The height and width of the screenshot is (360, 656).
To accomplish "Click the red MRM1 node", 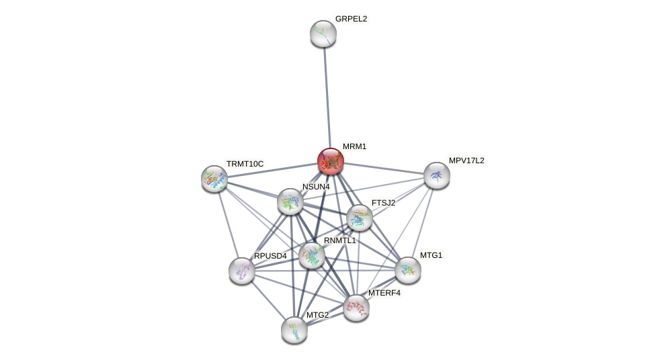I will (330, 161).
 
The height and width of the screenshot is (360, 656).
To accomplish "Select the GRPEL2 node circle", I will (323, 34).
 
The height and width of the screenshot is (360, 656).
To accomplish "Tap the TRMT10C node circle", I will (214, 179).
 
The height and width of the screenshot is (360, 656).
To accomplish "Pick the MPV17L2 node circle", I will (436, 175).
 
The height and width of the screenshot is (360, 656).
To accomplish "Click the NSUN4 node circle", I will (290, 201).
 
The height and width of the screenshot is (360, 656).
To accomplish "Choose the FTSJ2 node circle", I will (360, 218).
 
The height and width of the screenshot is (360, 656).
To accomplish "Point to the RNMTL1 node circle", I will (312, 255).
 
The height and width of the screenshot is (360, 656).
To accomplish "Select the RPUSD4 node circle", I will (242, 271).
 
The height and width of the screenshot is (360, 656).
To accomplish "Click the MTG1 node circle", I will (408, 270).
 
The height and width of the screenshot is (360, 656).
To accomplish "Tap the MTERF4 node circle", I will (356, 308).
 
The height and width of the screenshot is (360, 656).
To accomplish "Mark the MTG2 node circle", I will (294, 330).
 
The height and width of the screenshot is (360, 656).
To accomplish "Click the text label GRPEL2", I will (351, 19).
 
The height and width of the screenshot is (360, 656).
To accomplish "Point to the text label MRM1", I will (354, 146).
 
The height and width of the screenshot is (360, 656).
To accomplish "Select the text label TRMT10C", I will (245, 164).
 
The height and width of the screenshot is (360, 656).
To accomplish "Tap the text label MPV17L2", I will (466, 161).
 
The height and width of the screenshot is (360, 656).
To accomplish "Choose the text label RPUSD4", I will (270, 256).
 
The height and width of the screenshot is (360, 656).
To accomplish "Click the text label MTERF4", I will (384, 293).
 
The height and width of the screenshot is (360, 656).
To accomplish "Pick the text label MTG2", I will (317, 315).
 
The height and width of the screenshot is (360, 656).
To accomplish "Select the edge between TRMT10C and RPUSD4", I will (228, 224).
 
